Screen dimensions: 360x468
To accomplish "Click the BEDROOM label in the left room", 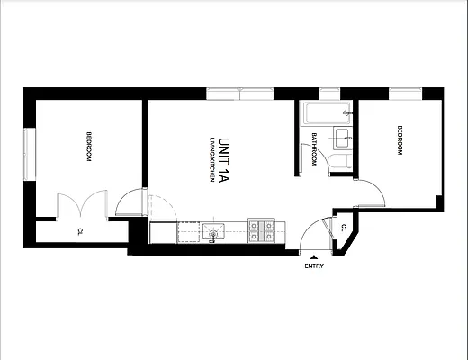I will click(88, 147).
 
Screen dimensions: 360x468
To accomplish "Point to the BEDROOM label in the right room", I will click(397, 141).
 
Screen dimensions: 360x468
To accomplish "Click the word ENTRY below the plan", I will click(314, 265).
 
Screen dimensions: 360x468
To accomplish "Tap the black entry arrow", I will click(314, 256).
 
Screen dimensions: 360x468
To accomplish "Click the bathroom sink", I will click(342, 137).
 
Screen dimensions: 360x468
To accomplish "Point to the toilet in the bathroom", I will click(340, 162).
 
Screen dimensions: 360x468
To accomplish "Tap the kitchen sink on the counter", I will click(213, 232).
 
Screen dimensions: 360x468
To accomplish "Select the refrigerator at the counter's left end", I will click(163, 232).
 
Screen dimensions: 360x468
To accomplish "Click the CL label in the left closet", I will click(80, 231).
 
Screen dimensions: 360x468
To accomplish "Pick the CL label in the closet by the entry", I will click(344, 227).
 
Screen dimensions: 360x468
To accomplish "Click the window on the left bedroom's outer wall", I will click(30, 153).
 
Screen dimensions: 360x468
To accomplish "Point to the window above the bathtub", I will click(325, 93).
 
